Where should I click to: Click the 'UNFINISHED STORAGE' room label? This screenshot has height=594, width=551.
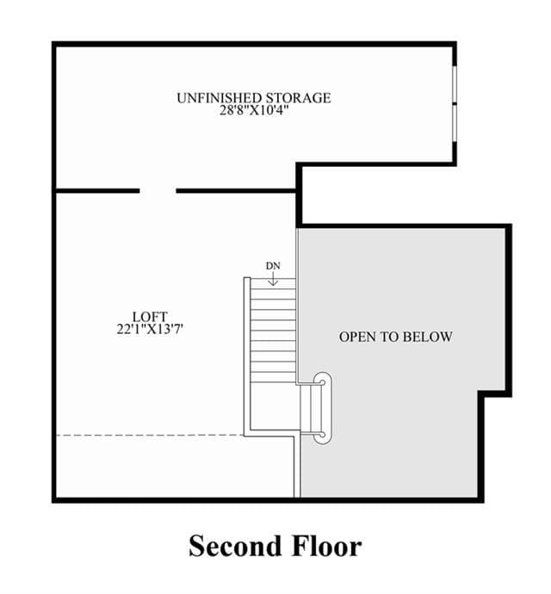pos(253,98)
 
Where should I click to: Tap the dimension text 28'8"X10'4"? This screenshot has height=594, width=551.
pos(254,110)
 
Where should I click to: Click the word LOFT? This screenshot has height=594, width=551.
pos(150,317)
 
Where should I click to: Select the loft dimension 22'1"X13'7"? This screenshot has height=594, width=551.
pos(150,329)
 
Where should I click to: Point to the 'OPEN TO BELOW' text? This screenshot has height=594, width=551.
pos(395,337)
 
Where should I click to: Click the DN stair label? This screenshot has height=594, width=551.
pos(273,266)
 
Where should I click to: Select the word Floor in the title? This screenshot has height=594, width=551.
pos(327,546)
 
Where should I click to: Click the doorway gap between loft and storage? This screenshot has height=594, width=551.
pos(158,190)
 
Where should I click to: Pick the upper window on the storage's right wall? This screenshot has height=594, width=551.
pos(454,85)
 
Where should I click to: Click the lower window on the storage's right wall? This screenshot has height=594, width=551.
pos(454,123)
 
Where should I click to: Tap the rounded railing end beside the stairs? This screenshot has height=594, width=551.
pos(323,407)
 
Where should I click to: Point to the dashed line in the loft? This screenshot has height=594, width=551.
pos(150,436)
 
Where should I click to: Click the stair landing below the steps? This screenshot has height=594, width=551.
pos(273,405)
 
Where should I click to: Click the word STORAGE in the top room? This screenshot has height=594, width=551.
pos(298,98)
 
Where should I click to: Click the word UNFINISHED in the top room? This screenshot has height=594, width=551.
pos(219,98)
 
